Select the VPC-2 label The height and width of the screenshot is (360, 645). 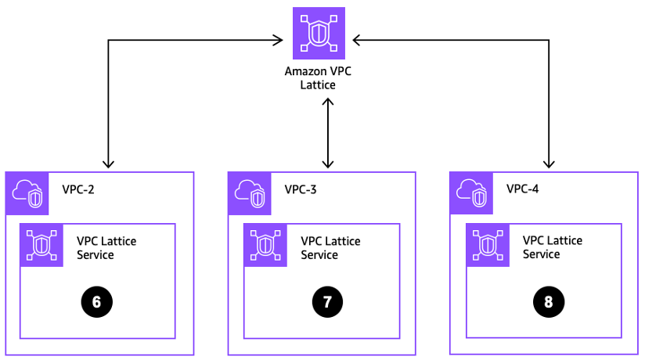coord(78,189)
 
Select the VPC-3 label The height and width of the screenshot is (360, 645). coord(301,189)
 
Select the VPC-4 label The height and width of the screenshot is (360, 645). coord(523,189)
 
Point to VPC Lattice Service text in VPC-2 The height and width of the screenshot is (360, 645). coord(106,247)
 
